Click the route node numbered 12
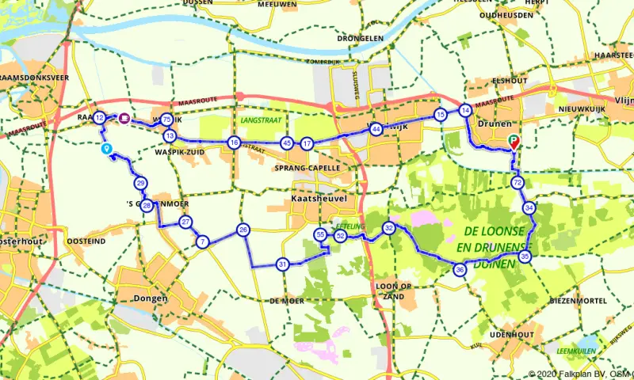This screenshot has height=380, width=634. click(x=99, y=118)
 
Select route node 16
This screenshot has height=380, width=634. click(x=233, y=142)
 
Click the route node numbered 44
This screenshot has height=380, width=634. click(x=376, y=128)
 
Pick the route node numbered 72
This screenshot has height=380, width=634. click(x=518, y=183)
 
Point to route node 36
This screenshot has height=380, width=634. click(x=460, y=271)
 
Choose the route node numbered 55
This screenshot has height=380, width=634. click(x=320, y=235)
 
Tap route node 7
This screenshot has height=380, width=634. click(x=203, y=242)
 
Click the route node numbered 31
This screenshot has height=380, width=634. click(x=282, y=264)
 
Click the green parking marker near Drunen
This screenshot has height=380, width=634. click(x=514, y=142)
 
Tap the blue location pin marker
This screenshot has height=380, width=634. click(x=106, y=149)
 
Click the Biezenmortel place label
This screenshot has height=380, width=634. click(x=580, y=301)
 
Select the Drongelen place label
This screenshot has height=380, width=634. click(x=360, y=37)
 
